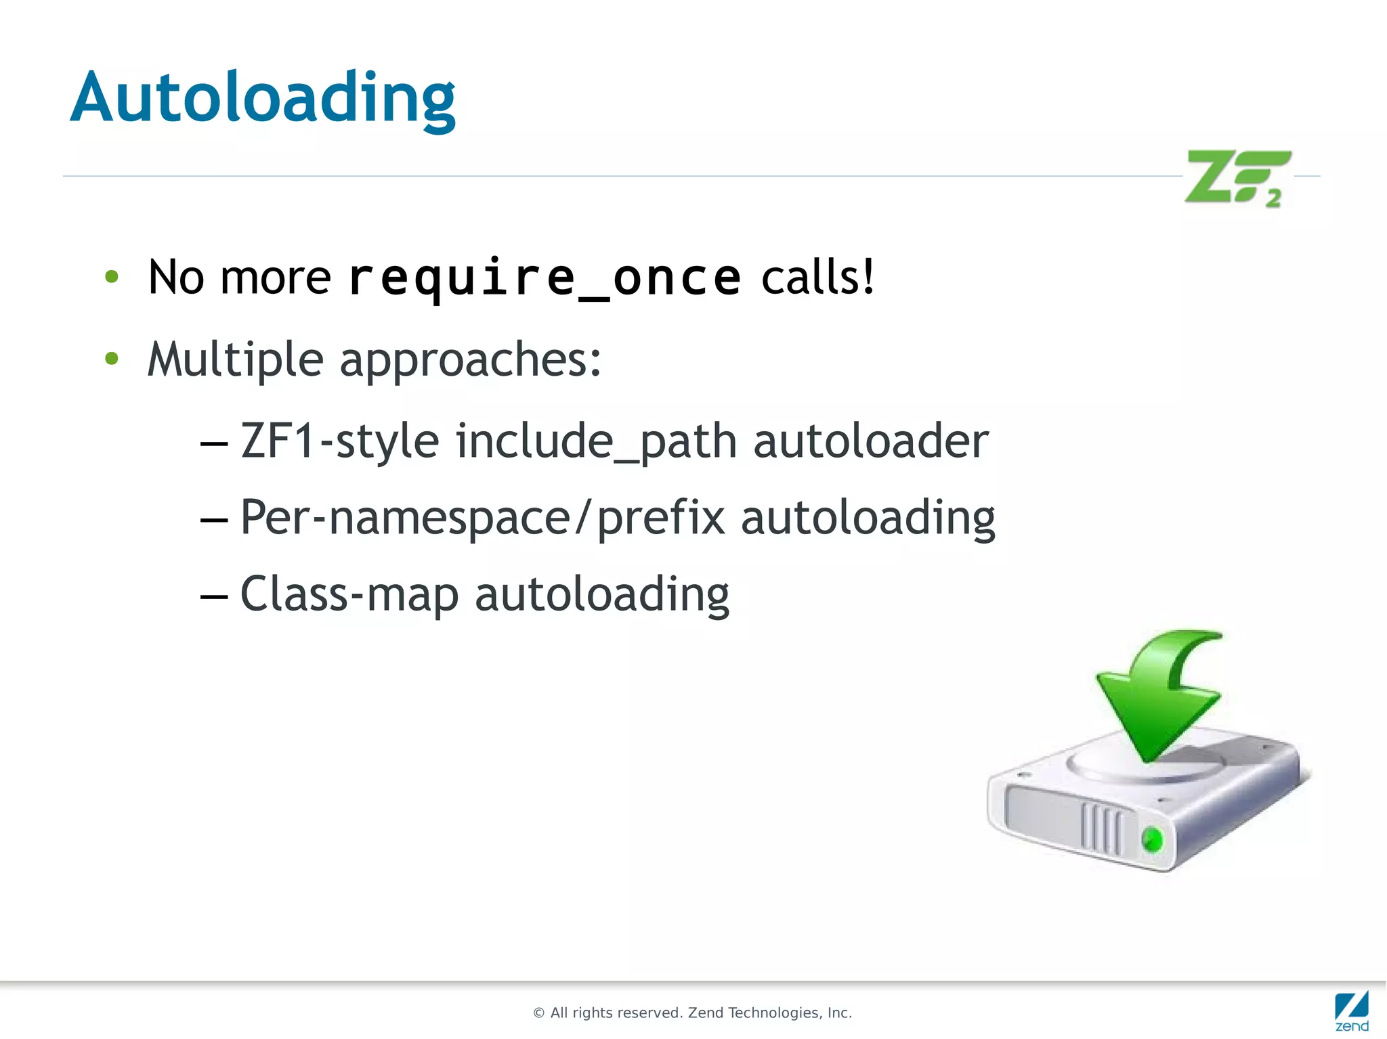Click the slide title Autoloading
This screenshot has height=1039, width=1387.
click(263, 98)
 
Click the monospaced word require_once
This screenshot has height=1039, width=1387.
click(545, 278)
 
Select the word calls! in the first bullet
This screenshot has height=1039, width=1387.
click(817, 278)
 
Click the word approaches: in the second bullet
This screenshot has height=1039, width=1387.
click(470, 361)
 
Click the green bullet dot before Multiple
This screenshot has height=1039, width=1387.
click(112, 358)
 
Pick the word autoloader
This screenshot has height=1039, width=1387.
click(871, 441)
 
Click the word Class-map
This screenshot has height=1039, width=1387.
click(349, 595)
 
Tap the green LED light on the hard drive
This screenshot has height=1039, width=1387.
click(1152, 840)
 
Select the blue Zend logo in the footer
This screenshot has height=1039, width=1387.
click(1351, 1011)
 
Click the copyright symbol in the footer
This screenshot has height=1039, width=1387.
click(539, 1013)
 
